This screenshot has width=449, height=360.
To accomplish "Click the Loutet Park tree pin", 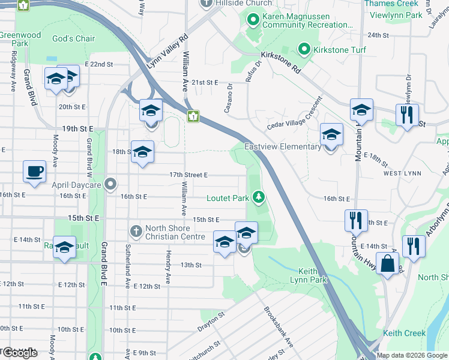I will coord(259,197).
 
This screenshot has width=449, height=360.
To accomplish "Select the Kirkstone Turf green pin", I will coord(304,49).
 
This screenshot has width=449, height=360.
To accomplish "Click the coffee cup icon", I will coord(34,171).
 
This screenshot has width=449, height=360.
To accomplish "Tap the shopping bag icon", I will coord(389,265).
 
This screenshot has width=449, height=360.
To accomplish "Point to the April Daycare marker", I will coord(110,185).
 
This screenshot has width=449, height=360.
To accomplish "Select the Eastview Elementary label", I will coord(282,147).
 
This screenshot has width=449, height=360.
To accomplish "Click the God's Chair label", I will coord(74,39).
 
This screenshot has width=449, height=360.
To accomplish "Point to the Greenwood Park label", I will coord(20,39).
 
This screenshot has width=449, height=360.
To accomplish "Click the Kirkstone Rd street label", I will coord(280,62).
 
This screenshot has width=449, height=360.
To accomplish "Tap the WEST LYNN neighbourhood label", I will coord(400,173).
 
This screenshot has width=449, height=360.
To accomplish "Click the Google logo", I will coord(20,353).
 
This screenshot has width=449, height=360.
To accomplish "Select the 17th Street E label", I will coord(188,175).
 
